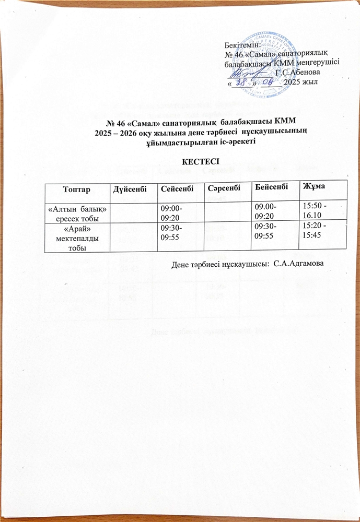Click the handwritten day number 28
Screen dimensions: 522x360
(240, 81)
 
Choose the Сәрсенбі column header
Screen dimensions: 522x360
(225, 186)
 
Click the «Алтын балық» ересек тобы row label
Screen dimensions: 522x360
(77, 212)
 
